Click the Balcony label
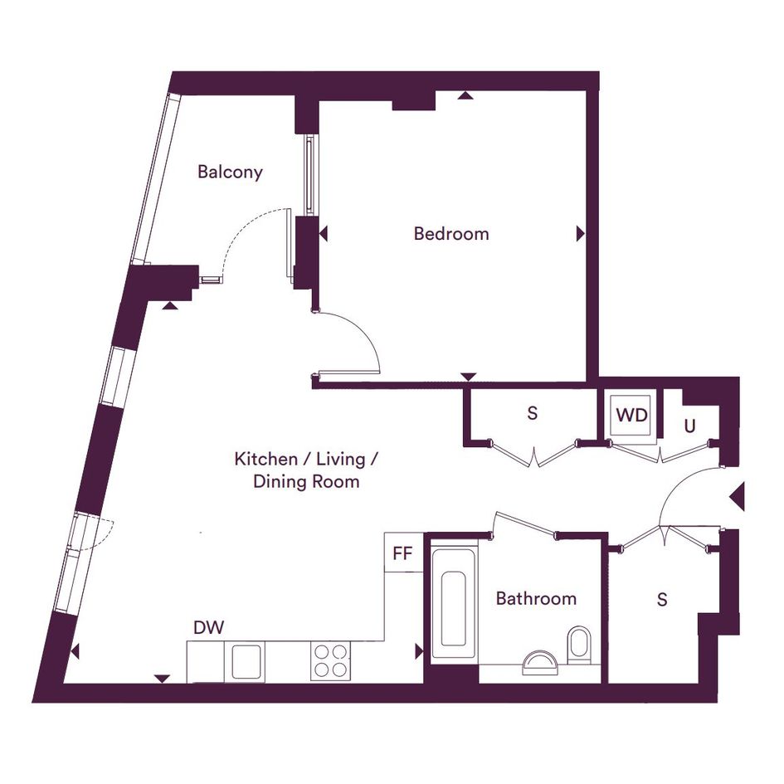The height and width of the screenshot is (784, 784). pos(230,173)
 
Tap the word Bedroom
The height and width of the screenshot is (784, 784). pos(451,233)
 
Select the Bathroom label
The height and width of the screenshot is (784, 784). pos(536,598)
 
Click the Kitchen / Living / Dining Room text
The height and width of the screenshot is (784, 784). pos(306,470)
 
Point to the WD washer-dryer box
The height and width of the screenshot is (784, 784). pos(631,415)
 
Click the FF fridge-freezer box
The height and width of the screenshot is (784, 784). pos(404,553)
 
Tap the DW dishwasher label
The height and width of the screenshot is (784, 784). pos(208,627)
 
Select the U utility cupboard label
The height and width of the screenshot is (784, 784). pos(689,426)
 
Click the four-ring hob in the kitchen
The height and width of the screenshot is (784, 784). pos(330,661)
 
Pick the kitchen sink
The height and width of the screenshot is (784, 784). pos(245,661)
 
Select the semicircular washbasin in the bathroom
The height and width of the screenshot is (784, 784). pos(539,662)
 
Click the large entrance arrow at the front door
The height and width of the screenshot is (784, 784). pos(738,496)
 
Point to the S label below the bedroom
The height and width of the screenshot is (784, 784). pos(533,413)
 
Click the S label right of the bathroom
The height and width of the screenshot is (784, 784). pos(662,599)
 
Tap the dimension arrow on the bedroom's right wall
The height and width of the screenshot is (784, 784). pos(581,233)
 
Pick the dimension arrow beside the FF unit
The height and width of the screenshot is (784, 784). pos(419,652)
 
